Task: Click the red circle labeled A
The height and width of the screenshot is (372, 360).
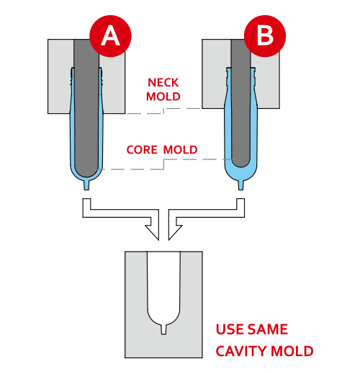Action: pyautogui.click(x=110, y=36)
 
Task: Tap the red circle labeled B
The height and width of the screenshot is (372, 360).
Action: pyautogui.click(x=265, y=36)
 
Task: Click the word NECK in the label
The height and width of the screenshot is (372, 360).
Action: pyautogui.click(x=163, y=83)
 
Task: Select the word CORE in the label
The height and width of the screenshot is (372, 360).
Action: pyautogui.click(x=142, y=150)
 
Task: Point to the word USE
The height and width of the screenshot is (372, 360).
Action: pyautogui.click(x=230, y=329)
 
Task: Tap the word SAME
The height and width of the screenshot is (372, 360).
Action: pyautogui.click(x=267, y=329)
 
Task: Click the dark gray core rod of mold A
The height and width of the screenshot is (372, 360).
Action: pyautogui.click(x=86, y=108)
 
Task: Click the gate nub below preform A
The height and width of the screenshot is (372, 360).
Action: pyautogui.click(x=86, y=185)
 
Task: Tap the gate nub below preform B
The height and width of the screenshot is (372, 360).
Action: pyautogui.click(x=240, y=185)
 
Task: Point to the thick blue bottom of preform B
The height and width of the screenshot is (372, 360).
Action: pyautogui.click(x=240, y=174)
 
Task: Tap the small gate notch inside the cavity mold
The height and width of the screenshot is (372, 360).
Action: pyautogui.click(x=163, y=329)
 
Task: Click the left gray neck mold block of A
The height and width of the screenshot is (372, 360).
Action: pyautogui.click(x=60, y=76)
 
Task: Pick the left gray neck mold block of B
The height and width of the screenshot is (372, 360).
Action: pyautogui.click(x=216, y=74)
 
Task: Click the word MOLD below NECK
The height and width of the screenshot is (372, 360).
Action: pyautogui.click(x=163, y=97)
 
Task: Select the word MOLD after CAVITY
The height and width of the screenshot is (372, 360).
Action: pyautogui.click(x=292, y=351)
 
